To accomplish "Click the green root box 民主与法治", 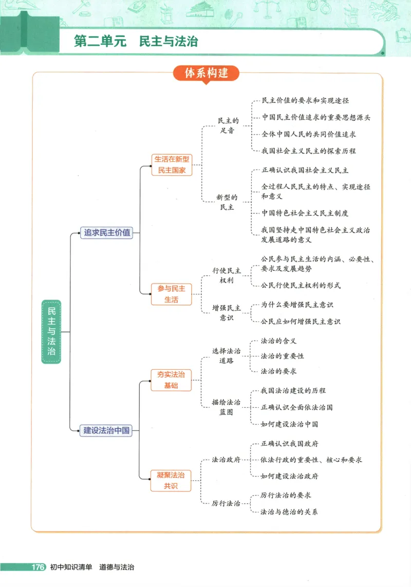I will [x=51, y=332].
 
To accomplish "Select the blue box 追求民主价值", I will [x=107, y=233].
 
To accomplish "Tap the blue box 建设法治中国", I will [x=107, y=430].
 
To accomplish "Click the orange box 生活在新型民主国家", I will [x=171, y=165].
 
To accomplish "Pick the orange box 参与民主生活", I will [x=171, y=294].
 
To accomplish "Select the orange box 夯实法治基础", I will [x=171, y=380].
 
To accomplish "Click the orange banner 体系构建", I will [x=207, y=73].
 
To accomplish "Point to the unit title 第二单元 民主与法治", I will [x=136, y=42].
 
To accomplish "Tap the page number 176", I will [x=38, y=567].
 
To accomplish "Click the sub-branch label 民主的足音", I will [x=228, y=126].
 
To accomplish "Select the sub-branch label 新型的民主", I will [x=227, y=202].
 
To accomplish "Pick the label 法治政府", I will [x=226, y=460].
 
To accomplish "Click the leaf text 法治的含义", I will [x=278, y=340].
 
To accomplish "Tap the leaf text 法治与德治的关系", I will [x=289, y=512].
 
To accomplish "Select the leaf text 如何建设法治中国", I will [x=289, y=424].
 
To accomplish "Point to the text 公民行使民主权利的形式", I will [x=300, y=285].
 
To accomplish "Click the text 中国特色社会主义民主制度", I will [x=305, y=213].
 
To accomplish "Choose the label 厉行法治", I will [x=226, y=504].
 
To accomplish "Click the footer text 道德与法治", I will [x=117, y=567].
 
